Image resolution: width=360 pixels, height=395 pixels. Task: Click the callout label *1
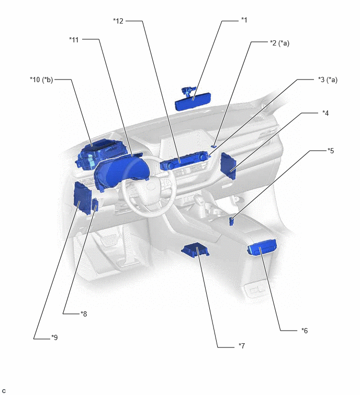(x=244, y=20)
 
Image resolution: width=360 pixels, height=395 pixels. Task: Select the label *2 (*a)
(x=279, y=43)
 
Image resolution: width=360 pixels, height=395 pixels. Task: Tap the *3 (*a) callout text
(x=328, y=80)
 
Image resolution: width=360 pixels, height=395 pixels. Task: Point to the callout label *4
(x=325, y=113)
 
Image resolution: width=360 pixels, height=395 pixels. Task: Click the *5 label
(x=331, y=151)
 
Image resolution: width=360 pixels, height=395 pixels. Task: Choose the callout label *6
(x=305, y=331)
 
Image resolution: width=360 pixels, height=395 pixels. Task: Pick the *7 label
(x=242, y=346)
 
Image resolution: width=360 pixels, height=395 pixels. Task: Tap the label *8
(x=84, y=314)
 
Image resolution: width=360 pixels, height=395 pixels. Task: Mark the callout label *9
(x=54, y=337)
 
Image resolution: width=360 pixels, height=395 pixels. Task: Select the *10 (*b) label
(x=41, y=80)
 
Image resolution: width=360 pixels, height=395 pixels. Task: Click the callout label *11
(x=74, y=40)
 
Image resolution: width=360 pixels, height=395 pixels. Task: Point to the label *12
(x=118, y=21)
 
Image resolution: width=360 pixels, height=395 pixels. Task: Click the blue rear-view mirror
(x=193, y=99)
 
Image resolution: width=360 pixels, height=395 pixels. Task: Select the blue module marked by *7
(x=195, y=250)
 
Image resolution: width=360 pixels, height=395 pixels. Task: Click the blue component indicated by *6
(x=262, y=247)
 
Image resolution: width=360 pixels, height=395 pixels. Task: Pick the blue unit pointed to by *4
(x=228, y=166)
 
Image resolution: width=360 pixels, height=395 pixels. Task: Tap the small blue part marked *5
(x=231, y=221)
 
